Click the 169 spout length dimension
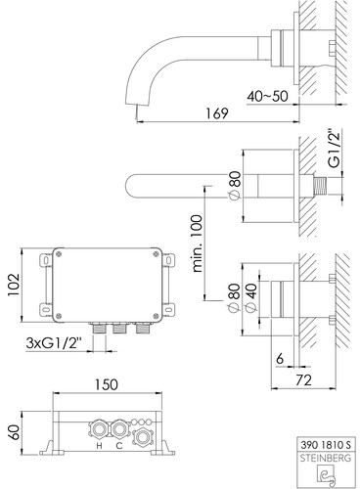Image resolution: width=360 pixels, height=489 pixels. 217,113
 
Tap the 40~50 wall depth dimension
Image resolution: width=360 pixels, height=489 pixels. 267,96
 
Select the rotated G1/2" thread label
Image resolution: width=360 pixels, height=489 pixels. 335,149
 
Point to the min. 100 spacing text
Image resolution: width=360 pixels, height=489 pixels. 197,243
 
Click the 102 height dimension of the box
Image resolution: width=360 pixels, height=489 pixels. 14,285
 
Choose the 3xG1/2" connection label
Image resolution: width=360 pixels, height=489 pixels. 54,343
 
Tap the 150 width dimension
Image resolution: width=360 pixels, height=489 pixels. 107,384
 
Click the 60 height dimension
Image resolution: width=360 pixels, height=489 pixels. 14,432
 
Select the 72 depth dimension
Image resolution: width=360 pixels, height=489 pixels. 303,380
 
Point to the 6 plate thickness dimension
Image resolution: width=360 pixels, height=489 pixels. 280,359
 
